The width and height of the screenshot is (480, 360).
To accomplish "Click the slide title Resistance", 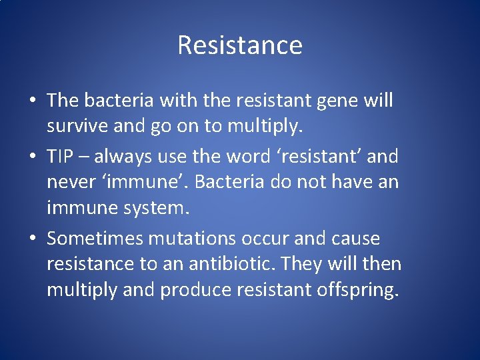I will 240,45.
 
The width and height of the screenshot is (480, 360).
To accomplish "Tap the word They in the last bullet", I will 301,264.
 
